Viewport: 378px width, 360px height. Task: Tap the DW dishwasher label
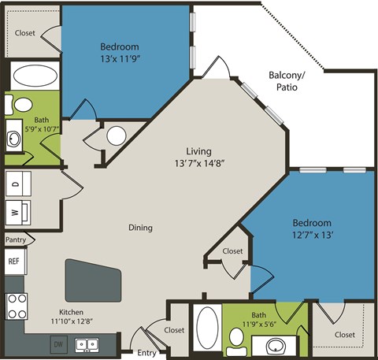pyautogui.click(x=57, y=343)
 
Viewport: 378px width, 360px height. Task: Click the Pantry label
pyautogui.click(x=15, y=239)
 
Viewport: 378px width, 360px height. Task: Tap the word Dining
pyautogui.click(x=141, y=228)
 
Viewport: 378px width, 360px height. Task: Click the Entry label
pyautogui.click(x=146, y=353)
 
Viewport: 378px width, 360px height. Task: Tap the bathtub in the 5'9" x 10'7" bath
pyautogui.click(x=33, y=77)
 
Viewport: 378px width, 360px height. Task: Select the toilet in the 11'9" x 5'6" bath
pyautogui.click(x=235, y=337)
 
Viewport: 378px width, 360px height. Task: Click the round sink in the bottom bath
pyautogui.click(x=276, y=345)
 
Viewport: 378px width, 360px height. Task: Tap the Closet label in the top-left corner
pyautogui.click(x=25, y=33)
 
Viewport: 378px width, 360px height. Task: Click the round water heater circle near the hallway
pyautogui.click(x=117, y=135)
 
